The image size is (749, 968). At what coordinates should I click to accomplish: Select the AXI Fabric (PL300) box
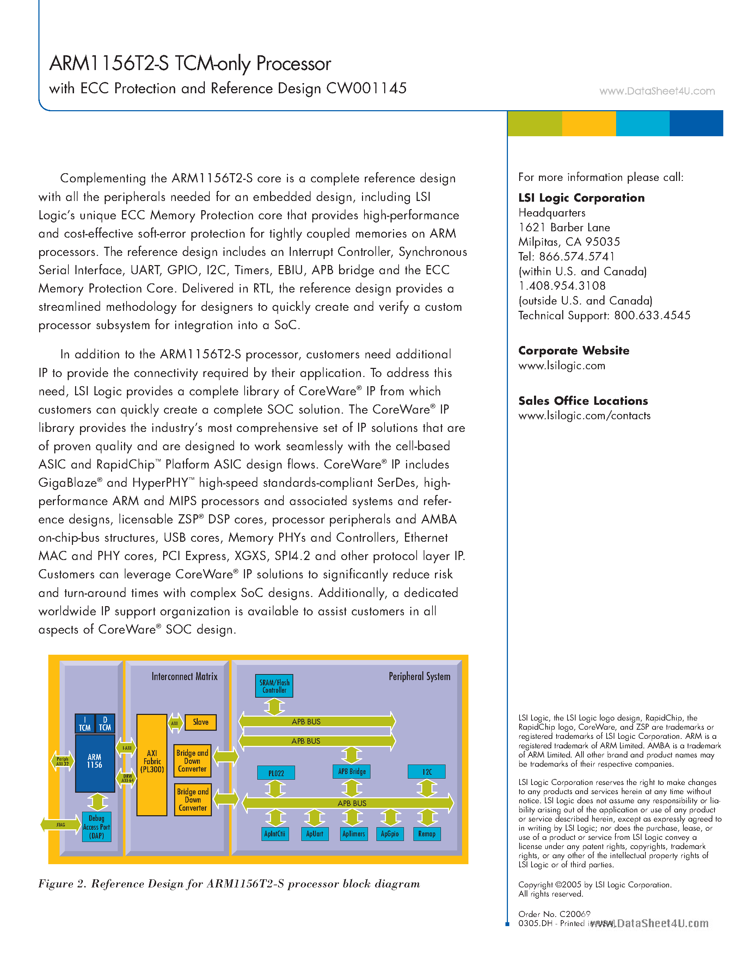pos(152,765)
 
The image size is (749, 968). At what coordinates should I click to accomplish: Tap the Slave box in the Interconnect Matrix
pos(201,722)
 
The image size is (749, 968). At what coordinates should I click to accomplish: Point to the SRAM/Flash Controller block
pos(274,686)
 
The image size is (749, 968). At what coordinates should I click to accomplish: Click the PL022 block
pos(276,773)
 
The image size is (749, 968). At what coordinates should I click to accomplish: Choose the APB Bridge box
pos(352,772)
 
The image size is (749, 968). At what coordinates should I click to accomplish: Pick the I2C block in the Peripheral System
pos(427,772)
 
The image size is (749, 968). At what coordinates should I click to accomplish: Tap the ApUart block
pos(315,834)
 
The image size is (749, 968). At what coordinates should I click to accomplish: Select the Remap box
pos(427,834)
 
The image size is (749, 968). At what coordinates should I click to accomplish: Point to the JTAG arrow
pos(60,825)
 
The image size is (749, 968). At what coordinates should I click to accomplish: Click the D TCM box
pos(105,724)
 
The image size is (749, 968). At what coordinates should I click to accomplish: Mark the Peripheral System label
pos(419,676)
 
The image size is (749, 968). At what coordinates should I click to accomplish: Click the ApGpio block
pos(389,834)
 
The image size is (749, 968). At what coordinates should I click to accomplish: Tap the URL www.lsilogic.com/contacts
pos(584,416)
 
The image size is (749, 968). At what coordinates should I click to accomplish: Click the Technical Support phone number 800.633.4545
pos(652,316)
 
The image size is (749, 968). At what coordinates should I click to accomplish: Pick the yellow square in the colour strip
pos(589,123)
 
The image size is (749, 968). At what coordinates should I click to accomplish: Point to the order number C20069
pos(575,914)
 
